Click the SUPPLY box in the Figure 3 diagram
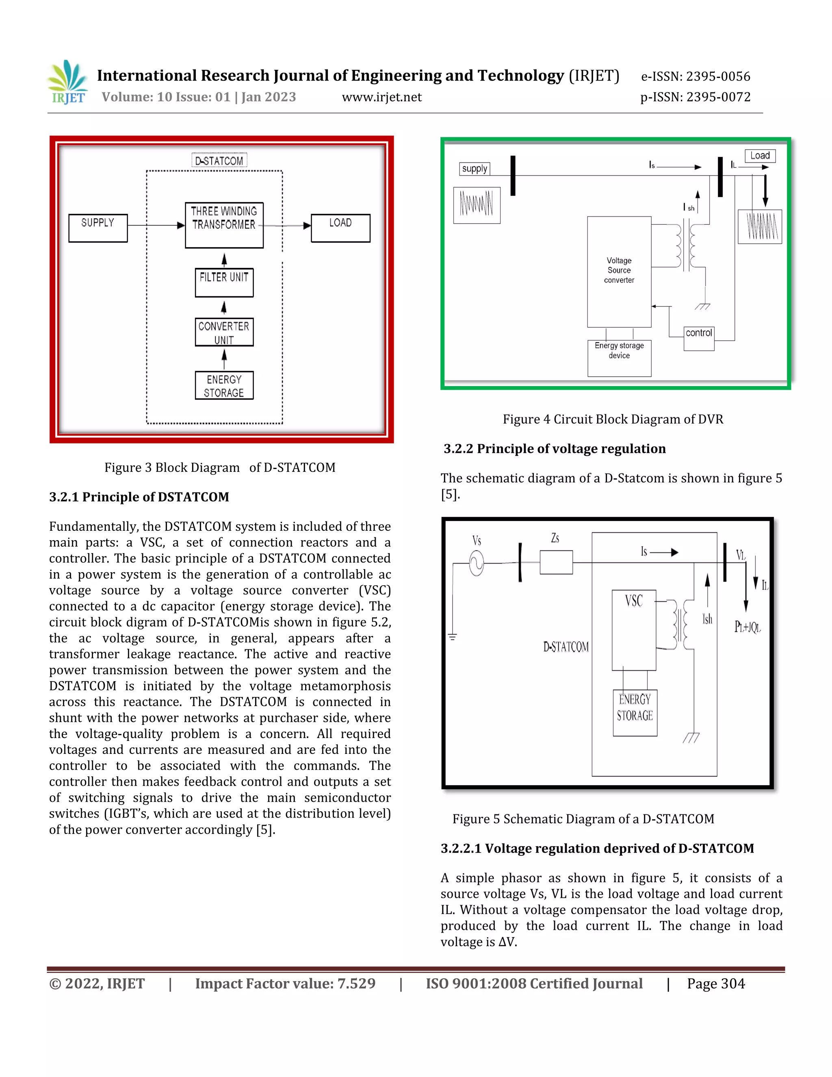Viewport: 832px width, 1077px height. point(97,228)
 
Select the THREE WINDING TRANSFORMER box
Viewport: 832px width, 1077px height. point(224,225)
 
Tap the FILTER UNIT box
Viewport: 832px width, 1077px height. point(224,282)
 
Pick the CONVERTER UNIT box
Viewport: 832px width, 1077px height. point(224,332)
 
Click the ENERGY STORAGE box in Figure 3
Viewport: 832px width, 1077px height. point(224,385)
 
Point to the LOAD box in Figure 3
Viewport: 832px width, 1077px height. point(340,228)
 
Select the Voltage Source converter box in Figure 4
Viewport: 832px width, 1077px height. point(619,271)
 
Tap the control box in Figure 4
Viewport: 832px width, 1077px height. point(698,338)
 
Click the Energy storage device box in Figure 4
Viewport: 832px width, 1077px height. point(619,358)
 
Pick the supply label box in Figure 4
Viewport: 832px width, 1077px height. point(474,169)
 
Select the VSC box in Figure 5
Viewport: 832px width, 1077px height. point(633,630)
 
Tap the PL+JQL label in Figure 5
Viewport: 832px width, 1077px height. point(747,627)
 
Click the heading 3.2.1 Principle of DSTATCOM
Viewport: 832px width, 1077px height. point(139,497)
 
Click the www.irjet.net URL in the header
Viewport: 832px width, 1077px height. point(381,97)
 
